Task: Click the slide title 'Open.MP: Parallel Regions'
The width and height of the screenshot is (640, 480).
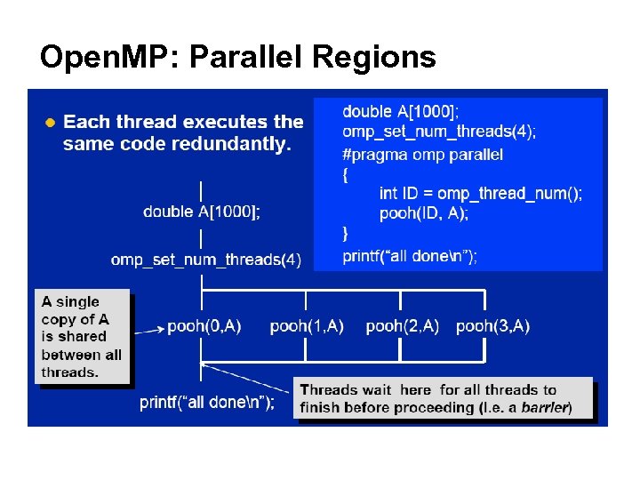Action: coord(237,58)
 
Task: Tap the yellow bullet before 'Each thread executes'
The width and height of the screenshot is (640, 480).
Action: coord(51,122)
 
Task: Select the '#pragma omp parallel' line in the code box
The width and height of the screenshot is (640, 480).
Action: coord(422,155)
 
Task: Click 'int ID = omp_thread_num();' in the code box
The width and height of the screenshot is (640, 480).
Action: coord(480,194)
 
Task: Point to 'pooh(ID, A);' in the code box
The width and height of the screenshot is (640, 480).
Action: coord(423,213)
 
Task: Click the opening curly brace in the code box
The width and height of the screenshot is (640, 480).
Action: coord(346,174)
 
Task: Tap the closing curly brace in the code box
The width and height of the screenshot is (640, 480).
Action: coord(346,234)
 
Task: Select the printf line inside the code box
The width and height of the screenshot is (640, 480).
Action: coord(410,256)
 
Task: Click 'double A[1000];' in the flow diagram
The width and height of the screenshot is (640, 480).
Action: coord(202,212)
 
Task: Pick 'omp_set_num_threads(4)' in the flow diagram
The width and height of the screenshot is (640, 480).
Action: coord(205,260)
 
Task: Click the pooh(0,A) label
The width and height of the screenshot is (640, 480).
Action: coord(204,326)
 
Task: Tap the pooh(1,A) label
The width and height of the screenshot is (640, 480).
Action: coord(307,326)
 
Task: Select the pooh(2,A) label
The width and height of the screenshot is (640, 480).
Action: coord(402,326)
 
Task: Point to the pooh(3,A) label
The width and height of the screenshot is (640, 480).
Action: coord(492,326)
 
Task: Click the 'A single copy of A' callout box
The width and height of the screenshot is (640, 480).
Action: coord(82,337)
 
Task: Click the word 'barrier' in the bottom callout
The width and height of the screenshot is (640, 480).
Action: coord(544,408)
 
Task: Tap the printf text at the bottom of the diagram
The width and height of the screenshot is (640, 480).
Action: coord(207,403)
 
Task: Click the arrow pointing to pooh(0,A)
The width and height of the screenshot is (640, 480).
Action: coord(148,330)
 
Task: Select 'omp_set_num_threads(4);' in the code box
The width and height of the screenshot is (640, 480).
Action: coord(439,132)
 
